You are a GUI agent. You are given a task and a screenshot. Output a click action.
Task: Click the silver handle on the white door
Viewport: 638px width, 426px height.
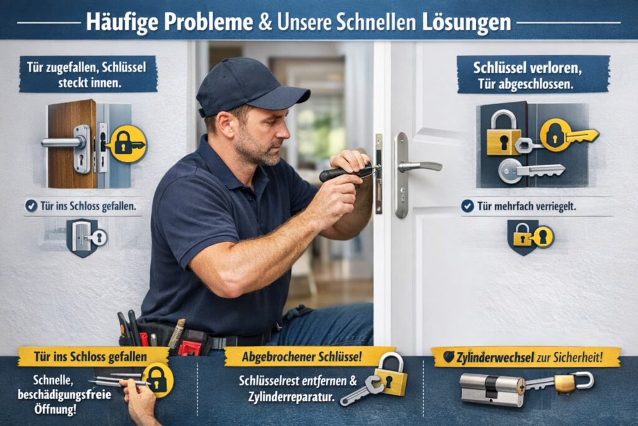pyautogui.click(x=419, y=166)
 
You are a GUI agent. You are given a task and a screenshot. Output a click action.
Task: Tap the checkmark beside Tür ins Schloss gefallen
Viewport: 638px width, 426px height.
pyautogui.click(x=31, y=205)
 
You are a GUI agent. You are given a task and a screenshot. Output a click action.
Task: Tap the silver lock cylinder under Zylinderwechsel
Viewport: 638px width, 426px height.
pyautogui.click(x=492, y=388)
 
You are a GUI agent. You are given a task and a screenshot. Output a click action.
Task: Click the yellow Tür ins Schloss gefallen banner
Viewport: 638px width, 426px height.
pyautogui.click(x=82, y=357)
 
